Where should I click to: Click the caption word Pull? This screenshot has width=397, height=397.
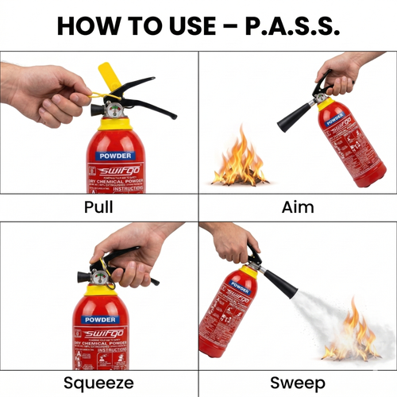[98, 207]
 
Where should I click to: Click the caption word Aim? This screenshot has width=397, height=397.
[298, 207]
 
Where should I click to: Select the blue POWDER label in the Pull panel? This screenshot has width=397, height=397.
[116, 156]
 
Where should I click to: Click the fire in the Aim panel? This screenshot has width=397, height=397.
[240, 163]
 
